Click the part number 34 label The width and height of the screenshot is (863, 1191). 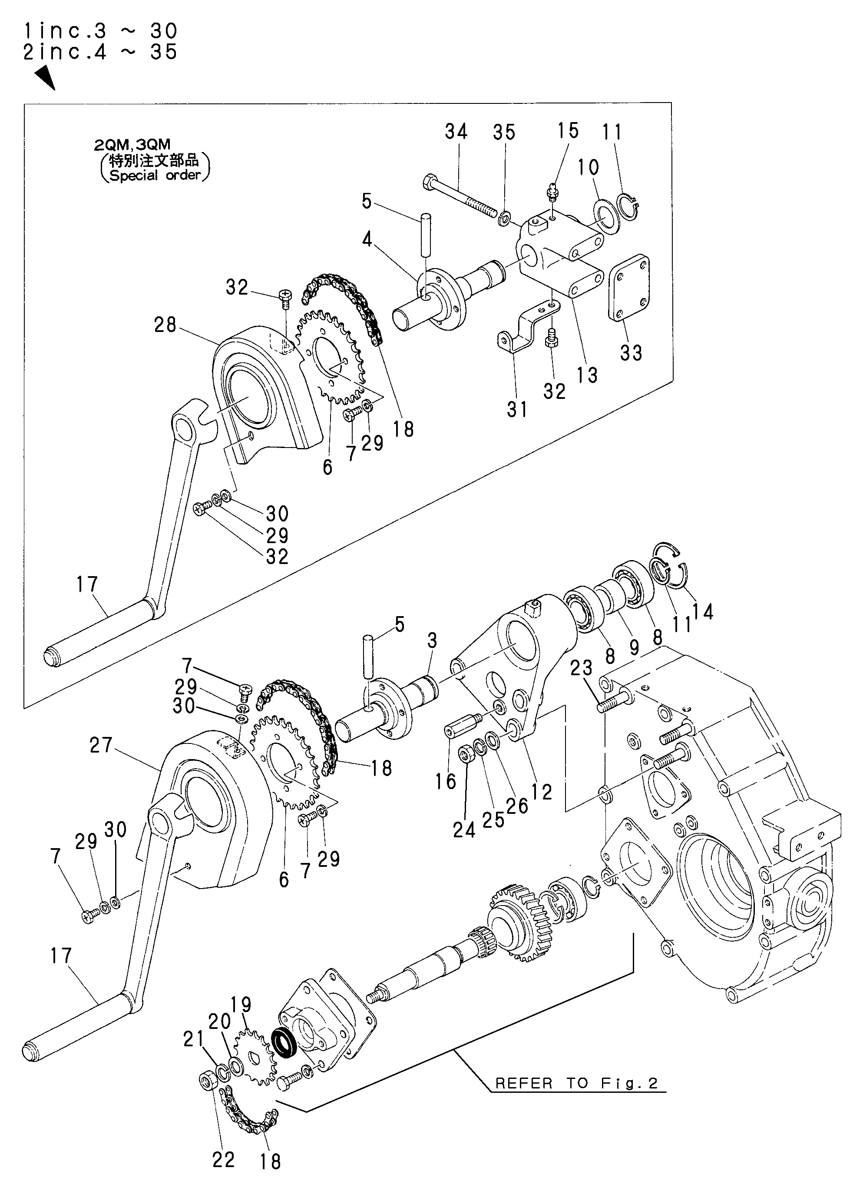[x=456, y=131]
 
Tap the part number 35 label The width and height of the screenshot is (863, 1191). [x=503, y=133]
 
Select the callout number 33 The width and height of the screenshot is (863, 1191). [x=631, y=353]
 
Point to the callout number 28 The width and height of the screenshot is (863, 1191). [x=165, y=325]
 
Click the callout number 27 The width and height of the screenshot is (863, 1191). [x=101, y=745]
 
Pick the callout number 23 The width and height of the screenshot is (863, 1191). [x=581, y=668]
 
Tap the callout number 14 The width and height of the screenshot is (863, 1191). [x=703, y=612]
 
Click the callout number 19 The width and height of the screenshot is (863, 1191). [x=241, y=1005]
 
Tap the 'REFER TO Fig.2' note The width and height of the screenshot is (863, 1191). [x=576, y=1083]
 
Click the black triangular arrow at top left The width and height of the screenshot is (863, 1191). [x=45, y=76]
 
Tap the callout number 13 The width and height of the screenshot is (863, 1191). [x=586, y=375]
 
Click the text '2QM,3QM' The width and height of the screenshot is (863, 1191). [x=132, y=144]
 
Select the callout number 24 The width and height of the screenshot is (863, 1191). [x=464, y=830]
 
